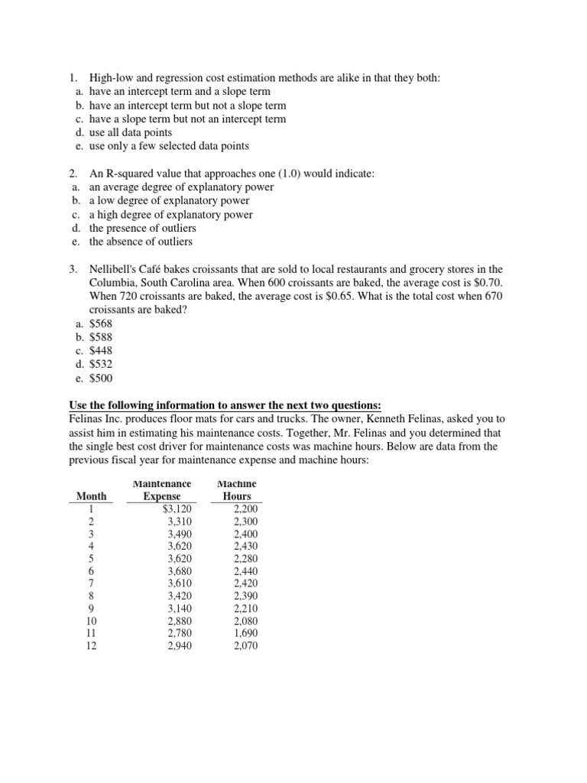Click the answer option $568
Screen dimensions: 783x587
[x=100, y=323]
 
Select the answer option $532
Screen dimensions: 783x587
[x=100, y=364]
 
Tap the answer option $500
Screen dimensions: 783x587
[x=100, y=378]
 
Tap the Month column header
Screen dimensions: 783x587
[x=91, y=496]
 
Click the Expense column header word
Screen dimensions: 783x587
[x=162, y=496]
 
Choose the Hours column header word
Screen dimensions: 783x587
[x=236, y=496]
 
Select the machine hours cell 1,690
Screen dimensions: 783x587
[x=245, y=632]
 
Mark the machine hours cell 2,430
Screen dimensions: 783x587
[x=245, y=546]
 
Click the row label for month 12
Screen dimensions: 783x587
[x=91, y=645]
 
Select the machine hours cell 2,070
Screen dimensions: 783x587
[x=245, y=645]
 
